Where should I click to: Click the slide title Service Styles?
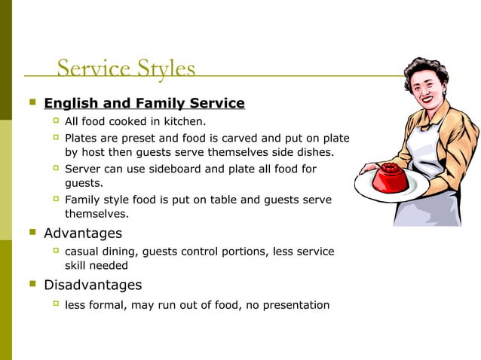(x=126, y=69)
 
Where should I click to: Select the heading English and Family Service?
(x=144, y=103)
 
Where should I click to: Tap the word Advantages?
(x=83, y=233)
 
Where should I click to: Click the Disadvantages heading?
(x=93, y=285)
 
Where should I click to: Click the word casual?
(x=84, y=252)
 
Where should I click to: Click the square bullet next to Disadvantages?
(x=32, y=285)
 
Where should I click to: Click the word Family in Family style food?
(x=83, y=200)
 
